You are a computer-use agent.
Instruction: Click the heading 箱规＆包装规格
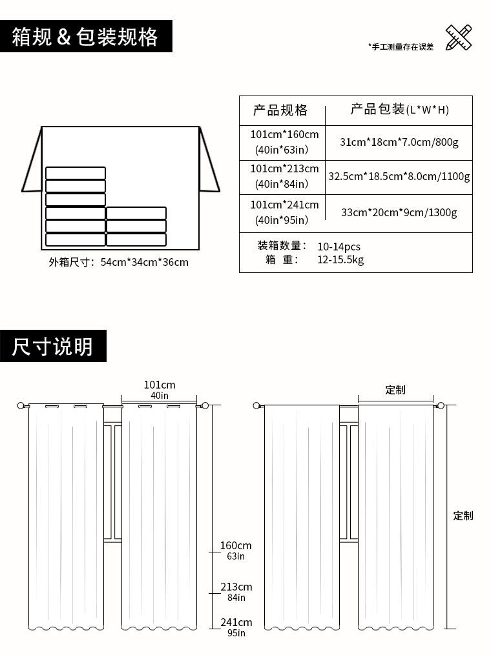click(85, 37)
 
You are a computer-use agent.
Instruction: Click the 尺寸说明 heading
click(52, 347)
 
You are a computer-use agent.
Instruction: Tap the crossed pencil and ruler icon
click(458, 37)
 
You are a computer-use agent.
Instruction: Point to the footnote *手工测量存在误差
click(401, 46)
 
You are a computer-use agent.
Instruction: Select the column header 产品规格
click(280, 110)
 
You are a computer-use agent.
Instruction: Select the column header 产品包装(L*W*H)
click(399, 110)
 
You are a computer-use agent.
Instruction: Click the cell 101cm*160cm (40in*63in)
click(284, 142)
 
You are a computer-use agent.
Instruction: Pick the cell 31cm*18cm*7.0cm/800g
click(399, 142)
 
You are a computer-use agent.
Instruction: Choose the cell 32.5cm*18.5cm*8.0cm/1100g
click(399, 176)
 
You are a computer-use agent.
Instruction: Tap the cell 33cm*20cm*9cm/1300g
click(399, 212)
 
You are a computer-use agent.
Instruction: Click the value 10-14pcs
click(339, 247)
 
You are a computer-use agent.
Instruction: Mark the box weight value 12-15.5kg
click(340, 260)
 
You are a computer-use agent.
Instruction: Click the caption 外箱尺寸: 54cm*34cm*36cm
click(119, 262)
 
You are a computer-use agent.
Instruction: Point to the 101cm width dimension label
click(160, 385)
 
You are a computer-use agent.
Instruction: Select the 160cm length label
click(236, 546)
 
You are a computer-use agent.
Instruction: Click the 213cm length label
click(236, 587)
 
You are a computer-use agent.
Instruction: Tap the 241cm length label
click(236, 623)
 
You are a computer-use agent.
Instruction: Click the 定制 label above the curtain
click(395, 390)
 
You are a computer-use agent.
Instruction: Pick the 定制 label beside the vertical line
click(463, 516)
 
